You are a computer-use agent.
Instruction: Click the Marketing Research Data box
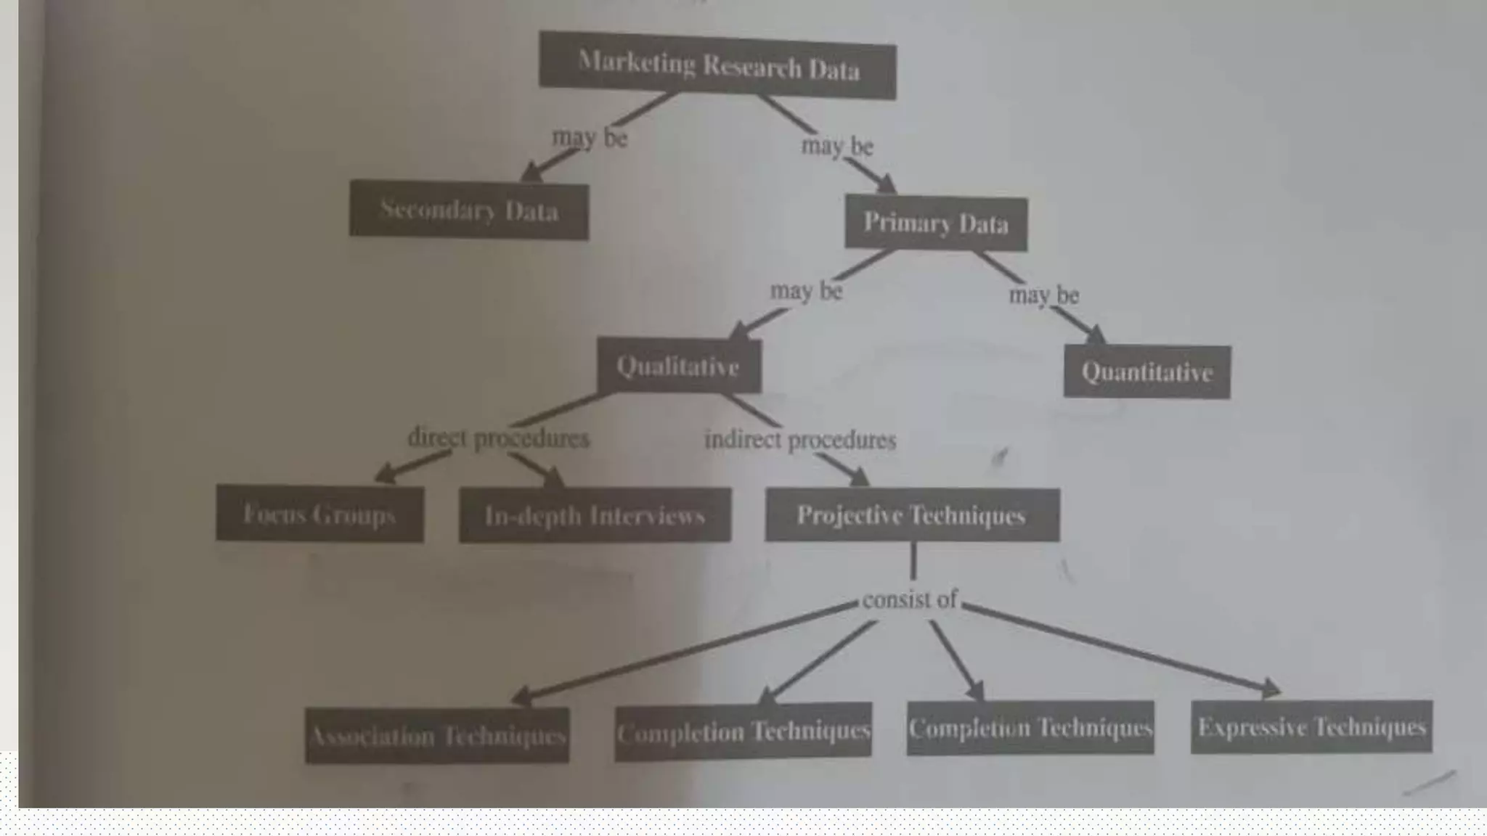tap(717, 65)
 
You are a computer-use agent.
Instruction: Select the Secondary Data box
tap(469, 210)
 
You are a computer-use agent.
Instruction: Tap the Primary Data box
tap(936, 223)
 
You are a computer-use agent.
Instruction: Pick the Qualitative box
tap(679, 366)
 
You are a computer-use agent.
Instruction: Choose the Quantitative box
tap(1147, 372)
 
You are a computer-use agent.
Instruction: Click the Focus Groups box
tap(319, 514)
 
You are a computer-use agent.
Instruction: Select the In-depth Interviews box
tap(595, 515)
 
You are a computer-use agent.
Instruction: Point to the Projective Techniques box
tap(912, 515)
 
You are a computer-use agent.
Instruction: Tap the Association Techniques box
tap(437, 736)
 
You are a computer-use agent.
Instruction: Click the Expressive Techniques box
tap(1311, 727)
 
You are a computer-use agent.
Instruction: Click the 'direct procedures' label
tap(498, 438)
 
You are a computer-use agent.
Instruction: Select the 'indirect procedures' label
tap(800, 440)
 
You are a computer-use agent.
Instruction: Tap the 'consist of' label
tap(910, 600)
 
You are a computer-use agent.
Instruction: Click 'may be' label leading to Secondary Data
tap(590, 137)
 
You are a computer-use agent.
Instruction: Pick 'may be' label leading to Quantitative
tap(1044, 295)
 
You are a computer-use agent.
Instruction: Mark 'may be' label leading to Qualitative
tap(806, 291)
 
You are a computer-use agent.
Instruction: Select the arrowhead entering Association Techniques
tap(521, 697)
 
